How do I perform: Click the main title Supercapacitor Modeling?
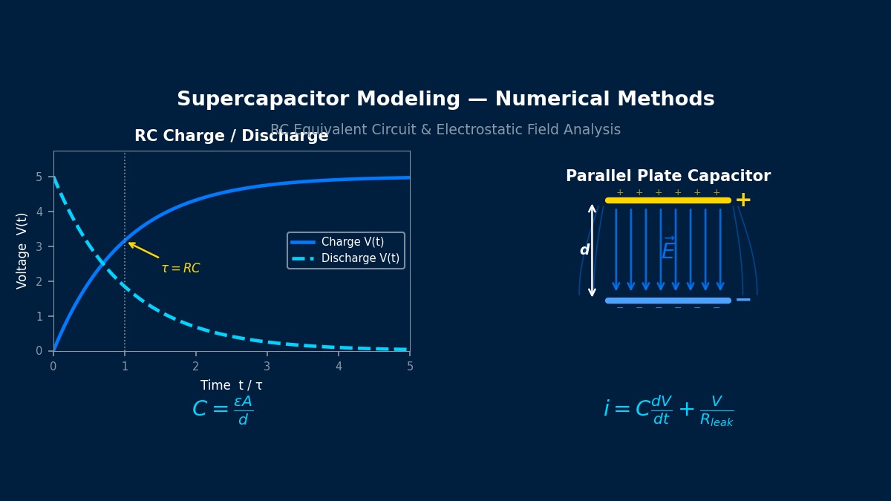pos(446,99)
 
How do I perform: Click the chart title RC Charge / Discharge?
pos(231,137)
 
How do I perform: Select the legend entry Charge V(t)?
pos(353,242)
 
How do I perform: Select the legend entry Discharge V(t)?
pos(360,258)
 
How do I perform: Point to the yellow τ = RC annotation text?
pos(180,269)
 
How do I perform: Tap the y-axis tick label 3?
pos(39,246)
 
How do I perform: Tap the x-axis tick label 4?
pos(339,367)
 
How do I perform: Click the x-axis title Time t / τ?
pos(231,386)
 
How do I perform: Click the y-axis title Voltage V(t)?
pos(22,251)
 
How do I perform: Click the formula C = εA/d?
pos(223,410)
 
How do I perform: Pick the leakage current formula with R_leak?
pos(668,410)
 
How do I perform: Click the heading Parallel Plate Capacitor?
pos(668,177)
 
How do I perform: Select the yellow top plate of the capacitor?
pos(668,200)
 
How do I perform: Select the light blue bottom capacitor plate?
pos(668,301)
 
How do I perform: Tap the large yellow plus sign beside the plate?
pos(742,200)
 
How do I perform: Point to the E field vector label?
pos(668,250)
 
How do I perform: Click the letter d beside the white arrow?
pos(584,251)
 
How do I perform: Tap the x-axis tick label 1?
pos(125,367)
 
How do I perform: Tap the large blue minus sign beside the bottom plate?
pos(742,301)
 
